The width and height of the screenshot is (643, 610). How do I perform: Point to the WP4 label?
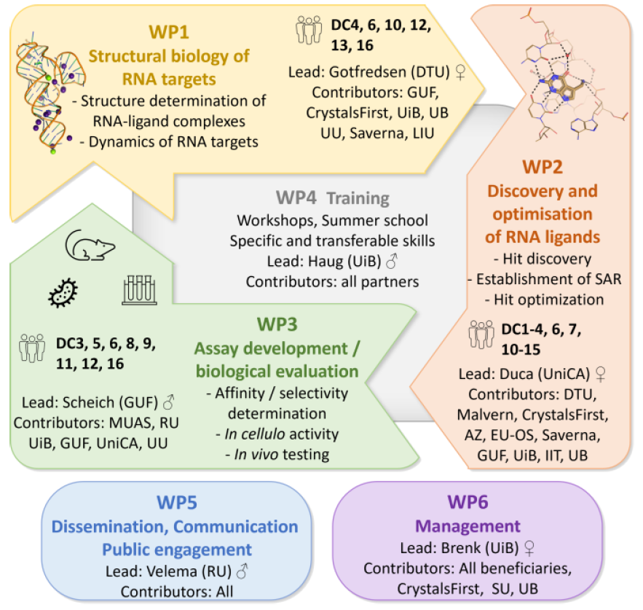(296, 198)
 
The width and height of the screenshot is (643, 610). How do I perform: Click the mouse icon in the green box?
(87, 246)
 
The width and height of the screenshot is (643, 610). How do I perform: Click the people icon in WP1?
(309, 30)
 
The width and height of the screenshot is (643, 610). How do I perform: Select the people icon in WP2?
(482, 337)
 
